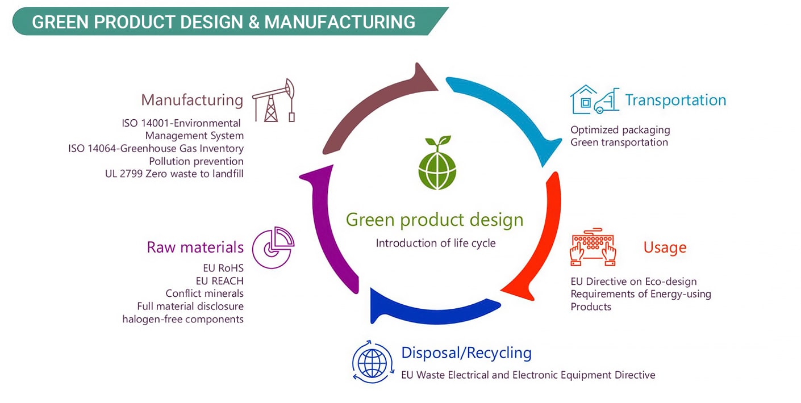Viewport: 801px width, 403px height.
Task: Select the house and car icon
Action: click(594, 100)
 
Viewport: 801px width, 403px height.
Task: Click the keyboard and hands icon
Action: click(593, 248)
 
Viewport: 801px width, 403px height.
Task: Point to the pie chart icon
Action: click(273, 247)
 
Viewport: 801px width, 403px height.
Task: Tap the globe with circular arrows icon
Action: click(372, 362)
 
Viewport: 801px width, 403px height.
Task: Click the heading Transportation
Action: click(675, 100)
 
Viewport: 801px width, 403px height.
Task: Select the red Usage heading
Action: click(665, 247)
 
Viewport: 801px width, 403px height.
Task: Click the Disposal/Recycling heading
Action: click(466, 353)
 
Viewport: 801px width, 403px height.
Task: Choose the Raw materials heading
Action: click(195, 247)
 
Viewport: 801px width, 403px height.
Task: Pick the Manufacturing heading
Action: click(192, 100)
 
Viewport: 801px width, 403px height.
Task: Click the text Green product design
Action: click(435, 220)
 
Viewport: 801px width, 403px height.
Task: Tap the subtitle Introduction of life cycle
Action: click(436, 243)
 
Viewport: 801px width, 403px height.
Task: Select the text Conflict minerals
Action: click(205, 293)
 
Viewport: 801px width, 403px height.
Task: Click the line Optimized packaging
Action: click(620, 130)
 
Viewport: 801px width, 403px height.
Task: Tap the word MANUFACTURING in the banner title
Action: click(340, 22)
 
